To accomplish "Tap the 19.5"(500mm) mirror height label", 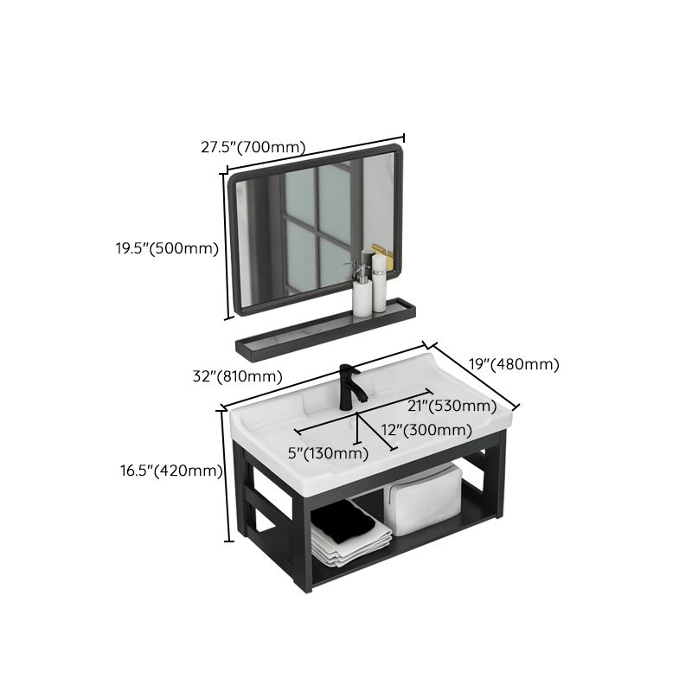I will point(167,248).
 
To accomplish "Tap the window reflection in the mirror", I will point(318,227).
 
